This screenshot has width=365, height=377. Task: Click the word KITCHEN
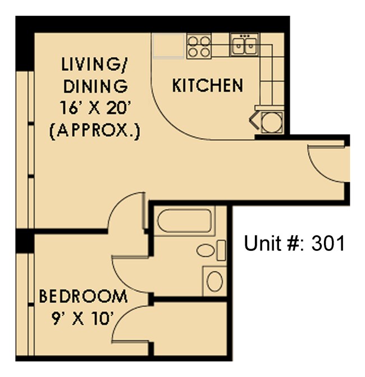[x=207, y=86]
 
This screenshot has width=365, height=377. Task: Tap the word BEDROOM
[x=83, y=296]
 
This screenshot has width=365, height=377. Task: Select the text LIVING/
[x=94, y=64]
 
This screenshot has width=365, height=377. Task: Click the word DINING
[x=95, y=86]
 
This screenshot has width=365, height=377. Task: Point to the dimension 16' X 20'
[x=94, y=109]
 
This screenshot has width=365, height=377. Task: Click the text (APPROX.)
[x=94, y=132]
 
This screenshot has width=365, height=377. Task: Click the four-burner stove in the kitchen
[x=198, y=45]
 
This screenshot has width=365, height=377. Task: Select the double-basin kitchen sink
[x=244, y=44]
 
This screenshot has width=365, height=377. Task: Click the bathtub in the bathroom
[x=184, y=222]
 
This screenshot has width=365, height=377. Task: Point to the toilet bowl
[x=207, y=250]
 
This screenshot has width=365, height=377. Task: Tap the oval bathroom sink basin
[x=215, y=281]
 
